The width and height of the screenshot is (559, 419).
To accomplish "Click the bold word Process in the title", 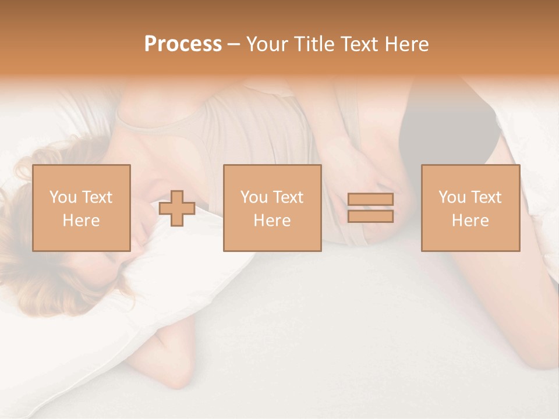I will [183, 44].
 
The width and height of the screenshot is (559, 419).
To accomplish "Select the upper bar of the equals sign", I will [370, 199].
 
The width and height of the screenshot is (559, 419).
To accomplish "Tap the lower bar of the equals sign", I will [370, 216].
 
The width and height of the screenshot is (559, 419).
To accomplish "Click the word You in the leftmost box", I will [63, 197].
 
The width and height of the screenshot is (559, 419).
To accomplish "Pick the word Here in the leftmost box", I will [81, 221].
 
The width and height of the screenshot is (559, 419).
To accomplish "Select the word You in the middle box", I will [254, 197].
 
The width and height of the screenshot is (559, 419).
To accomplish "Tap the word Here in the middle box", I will [272, 221].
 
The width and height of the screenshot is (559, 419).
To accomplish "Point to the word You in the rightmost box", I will [452, 197].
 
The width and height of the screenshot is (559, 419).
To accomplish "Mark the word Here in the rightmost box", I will [470, 221].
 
